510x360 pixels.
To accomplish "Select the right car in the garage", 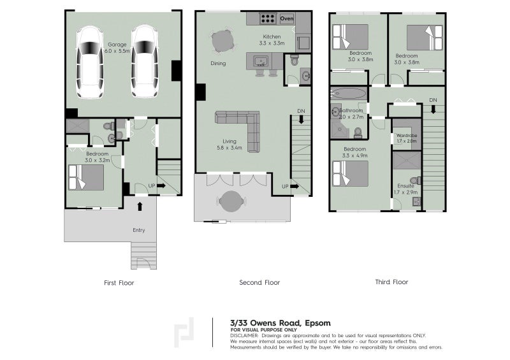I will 145,62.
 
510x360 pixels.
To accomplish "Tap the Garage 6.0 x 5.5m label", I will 118,47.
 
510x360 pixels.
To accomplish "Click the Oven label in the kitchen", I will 287,19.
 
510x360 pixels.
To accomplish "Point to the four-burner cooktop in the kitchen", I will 266,19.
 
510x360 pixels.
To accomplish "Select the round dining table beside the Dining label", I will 223,41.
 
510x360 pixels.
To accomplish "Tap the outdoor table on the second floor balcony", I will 231,201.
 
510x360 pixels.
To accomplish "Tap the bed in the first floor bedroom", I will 86,176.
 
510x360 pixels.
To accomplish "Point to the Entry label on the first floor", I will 138,230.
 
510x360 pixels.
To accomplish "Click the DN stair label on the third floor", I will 433,100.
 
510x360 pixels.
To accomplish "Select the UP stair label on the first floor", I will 151,186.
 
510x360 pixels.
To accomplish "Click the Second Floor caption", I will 259,282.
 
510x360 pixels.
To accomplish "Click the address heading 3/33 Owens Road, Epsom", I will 280,322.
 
